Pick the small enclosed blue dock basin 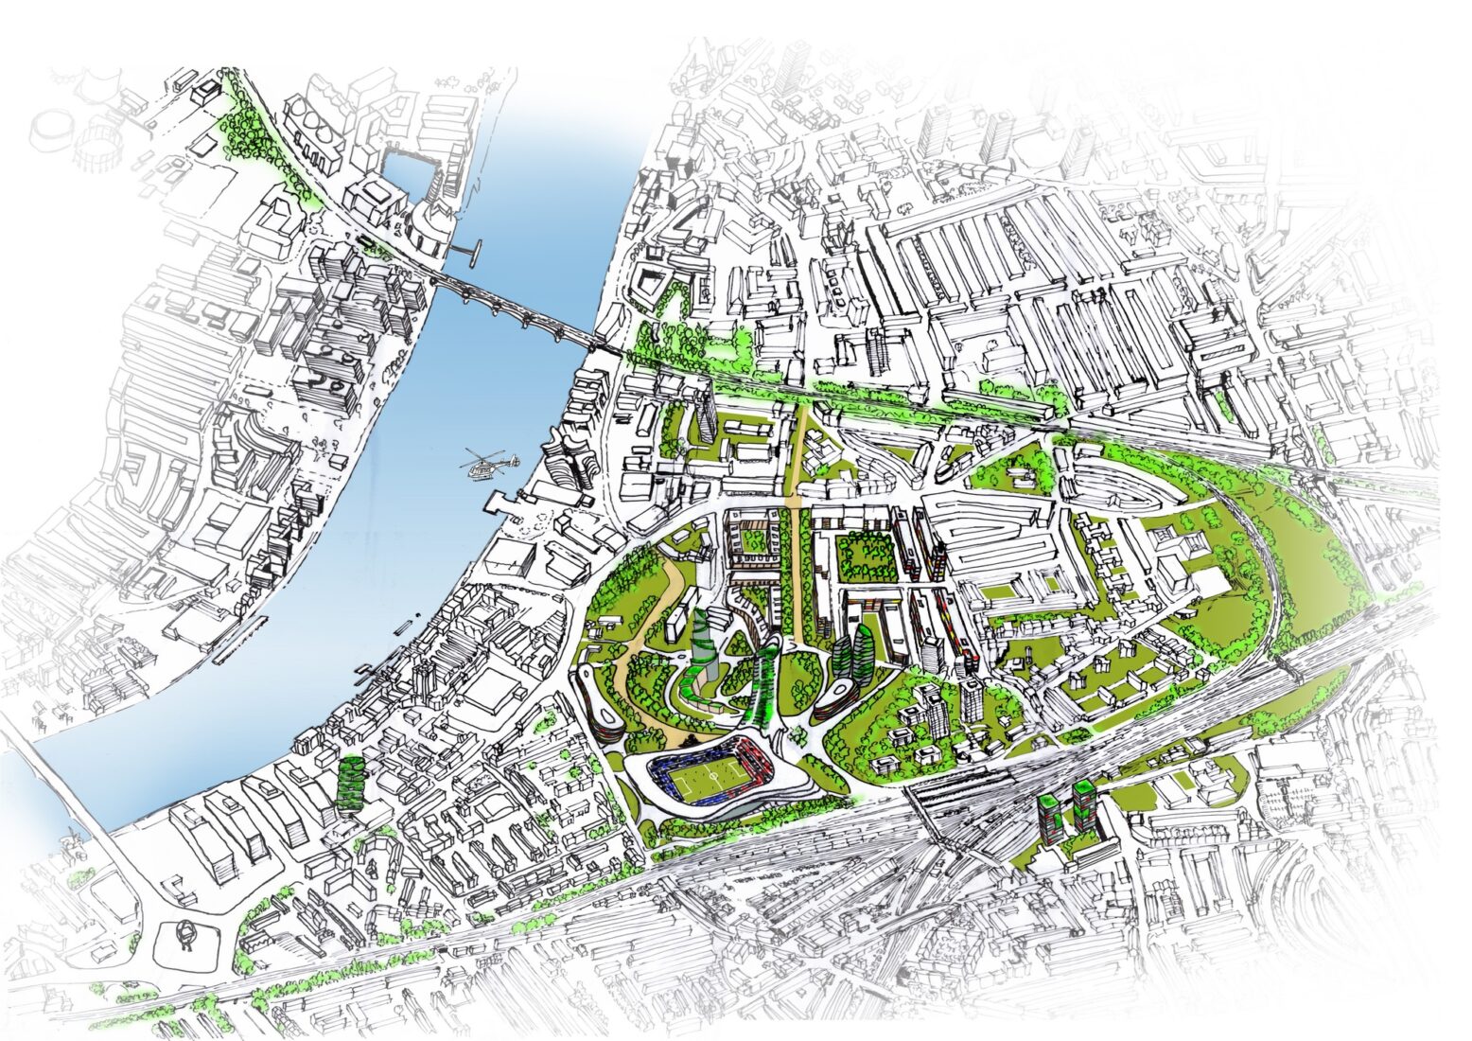(408, 176)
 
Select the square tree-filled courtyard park (867, 557)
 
